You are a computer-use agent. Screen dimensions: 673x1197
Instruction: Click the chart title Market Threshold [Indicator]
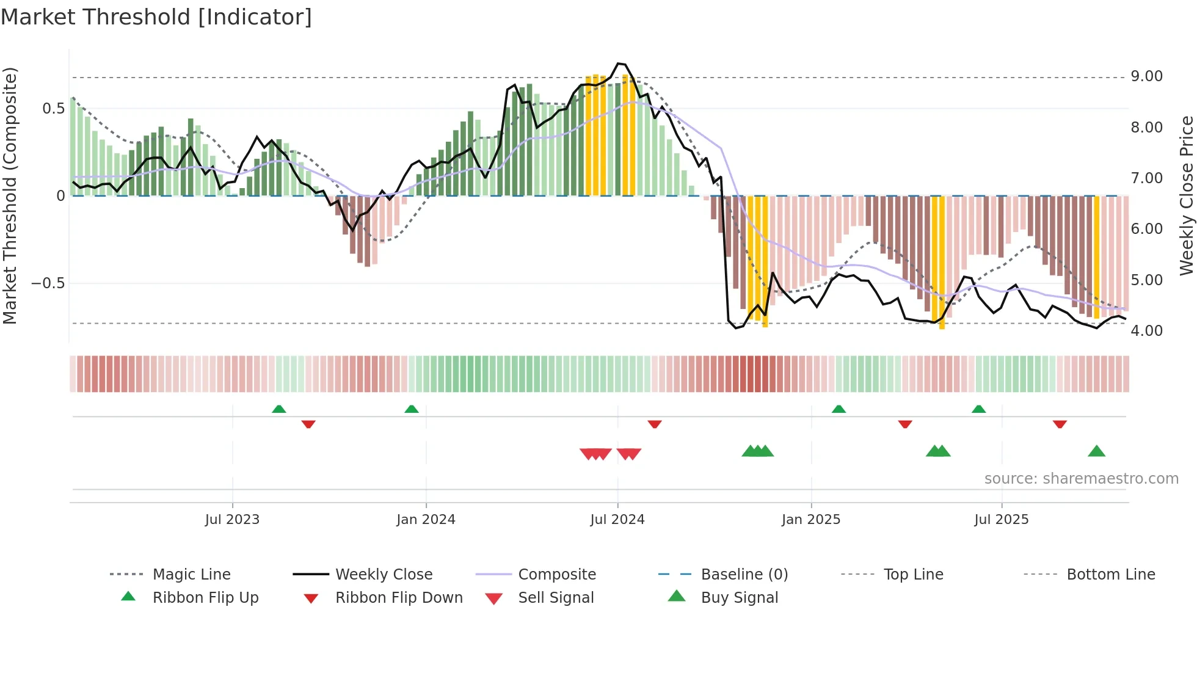[156, 17]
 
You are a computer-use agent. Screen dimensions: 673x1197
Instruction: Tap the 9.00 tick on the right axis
[1146, 76]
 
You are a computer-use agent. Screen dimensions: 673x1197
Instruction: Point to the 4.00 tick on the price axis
[1146, 330]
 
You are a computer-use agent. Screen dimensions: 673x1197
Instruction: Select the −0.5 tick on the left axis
[48, 283]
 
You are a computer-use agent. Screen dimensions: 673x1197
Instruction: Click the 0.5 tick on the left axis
[53, 108]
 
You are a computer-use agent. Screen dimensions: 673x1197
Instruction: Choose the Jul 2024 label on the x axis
[617, 519]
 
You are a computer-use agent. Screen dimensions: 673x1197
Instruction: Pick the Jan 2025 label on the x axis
[810, 519]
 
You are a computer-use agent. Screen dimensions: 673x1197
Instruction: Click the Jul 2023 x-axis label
[232, 519]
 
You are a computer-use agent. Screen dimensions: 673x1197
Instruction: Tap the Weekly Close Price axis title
[1186, 195]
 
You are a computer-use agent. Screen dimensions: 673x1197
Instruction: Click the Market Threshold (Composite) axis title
[10, 195]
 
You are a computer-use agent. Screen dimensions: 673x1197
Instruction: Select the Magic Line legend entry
[191, 574]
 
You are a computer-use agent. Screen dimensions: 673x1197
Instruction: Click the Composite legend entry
[556, 574]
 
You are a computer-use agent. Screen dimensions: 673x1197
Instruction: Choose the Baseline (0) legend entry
[744, 574]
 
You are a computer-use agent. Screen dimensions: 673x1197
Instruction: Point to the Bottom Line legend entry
[1110, 574]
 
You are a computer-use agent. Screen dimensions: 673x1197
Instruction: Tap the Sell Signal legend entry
[555, 597]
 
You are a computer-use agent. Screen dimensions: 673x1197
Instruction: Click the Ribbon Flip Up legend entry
[205, 597]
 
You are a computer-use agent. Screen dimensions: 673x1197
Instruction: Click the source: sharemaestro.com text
[1081, 478]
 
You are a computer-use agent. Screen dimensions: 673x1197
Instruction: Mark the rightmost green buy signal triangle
[1096, 451]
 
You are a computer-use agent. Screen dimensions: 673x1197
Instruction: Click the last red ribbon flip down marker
[1060, 424]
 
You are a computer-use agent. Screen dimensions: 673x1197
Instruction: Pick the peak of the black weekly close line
[619, 64]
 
